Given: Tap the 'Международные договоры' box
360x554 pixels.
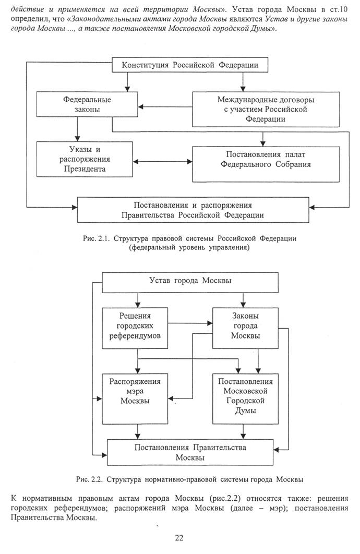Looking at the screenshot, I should pyautogui.click(x=262, y=109).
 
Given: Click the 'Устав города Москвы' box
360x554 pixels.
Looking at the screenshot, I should pyautogui.click(x=190, y=282).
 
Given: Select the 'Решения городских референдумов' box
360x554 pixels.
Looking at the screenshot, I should pyautogui.click(x=135, y=327).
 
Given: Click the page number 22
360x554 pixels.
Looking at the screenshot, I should pyautogui.click(x=179, y=538).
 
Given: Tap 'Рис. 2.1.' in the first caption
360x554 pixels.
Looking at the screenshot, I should pyautogui.click(x=95, y=238).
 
